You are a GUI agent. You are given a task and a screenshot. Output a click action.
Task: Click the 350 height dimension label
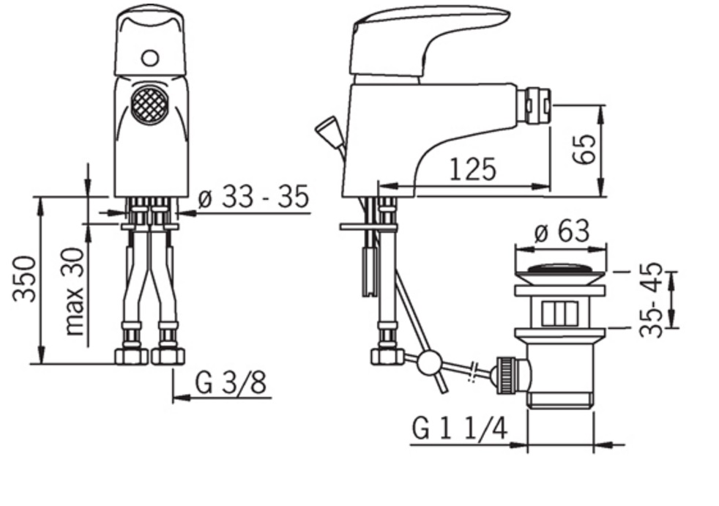tap(24, 279)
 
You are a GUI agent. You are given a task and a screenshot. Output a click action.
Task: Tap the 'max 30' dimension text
tap(74, 291)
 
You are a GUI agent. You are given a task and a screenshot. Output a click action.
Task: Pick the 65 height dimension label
tap(584, 149)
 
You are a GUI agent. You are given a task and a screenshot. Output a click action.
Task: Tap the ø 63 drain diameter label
tap(562, 231)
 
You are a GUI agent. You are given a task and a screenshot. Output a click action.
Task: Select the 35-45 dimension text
tap(651, 300)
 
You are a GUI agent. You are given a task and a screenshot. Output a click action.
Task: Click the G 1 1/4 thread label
tap(460, 429)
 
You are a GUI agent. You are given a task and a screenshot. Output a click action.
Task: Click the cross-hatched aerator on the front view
tap(149, 105)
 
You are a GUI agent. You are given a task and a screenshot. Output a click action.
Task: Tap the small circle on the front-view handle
tap(150, 59)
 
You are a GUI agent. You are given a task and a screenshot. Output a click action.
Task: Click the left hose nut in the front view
tap(132, 355)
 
